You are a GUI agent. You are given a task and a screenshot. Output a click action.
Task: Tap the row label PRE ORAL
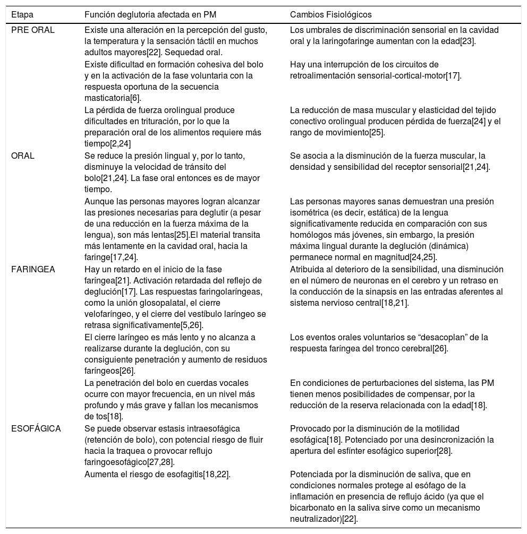coord(33,30)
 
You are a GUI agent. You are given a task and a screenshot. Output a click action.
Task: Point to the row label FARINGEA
coord(33,269)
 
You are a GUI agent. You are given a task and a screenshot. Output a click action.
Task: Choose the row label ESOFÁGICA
coord(36,428)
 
